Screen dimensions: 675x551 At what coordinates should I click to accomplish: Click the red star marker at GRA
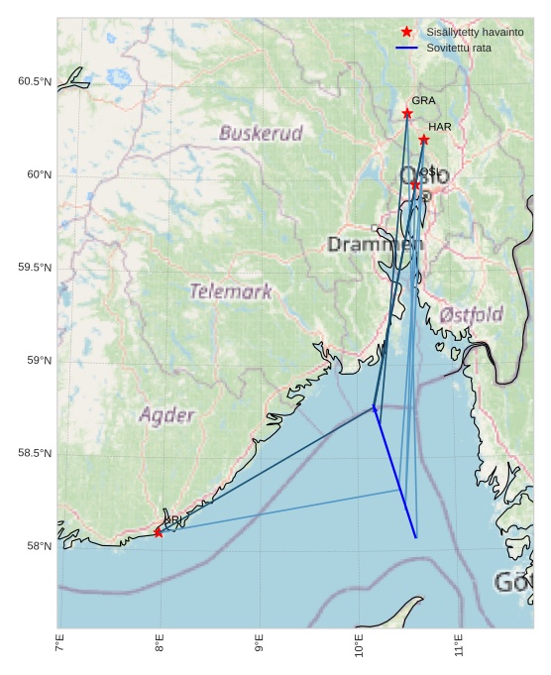pyautogui.click(x=407, y=114)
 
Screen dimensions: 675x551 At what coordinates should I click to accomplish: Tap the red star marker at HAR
pyautogui.click(x=424, y=140)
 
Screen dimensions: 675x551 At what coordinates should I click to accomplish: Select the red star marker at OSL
pyautogui.click(x=415, y=184)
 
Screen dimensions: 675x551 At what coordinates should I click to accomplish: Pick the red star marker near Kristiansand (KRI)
pyautogui.click(x=159, y=532)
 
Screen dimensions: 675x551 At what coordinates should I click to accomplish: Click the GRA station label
pyautogui.click(x=423, y=101)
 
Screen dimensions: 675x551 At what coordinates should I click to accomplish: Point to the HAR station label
pyautogui.click(x=440, y=127)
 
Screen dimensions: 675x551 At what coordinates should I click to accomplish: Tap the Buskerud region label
pyautogui.click(x=261, y=133)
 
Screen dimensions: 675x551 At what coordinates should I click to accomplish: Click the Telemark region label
pyautogui.click(x=230, y=292)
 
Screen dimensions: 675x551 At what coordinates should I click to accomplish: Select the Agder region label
pyautogui.click(x=166, y=415)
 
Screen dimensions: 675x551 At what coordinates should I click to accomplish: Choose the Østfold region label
pyautogui.click(x=471, y=315)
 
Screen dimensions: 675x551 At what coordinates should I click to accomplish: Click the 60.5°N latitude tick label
pyautogui.click(x=34, y=81)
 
